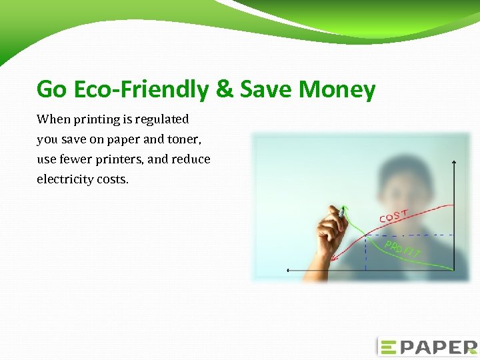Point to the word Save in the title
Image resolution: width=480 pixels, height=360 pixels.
click(265, 89)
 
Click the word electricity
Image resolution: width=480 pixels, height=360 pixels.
click(65, 179)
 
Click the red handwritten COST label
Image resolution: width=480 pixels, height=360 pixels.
click(394, 215)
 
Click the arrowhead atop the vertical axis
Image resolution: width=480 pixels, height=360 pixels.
click(454, 162)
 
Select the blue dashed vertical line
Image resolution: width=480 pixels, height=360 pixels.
click(365, 253)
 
